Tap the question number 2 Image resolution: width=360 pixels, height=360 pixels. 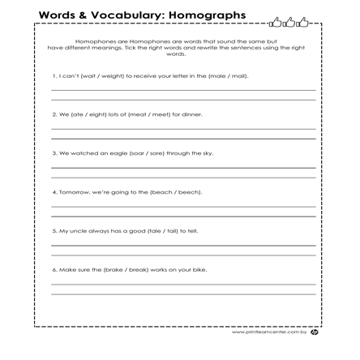tap(54, 114)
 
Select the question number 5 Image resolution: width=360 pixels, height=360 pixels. tap(54, 230)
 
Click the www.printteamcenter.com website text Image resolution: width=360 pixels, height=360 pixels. tap(268, 332)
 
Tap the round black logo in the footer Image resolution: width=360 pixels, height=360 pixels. tap(315, 332)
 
